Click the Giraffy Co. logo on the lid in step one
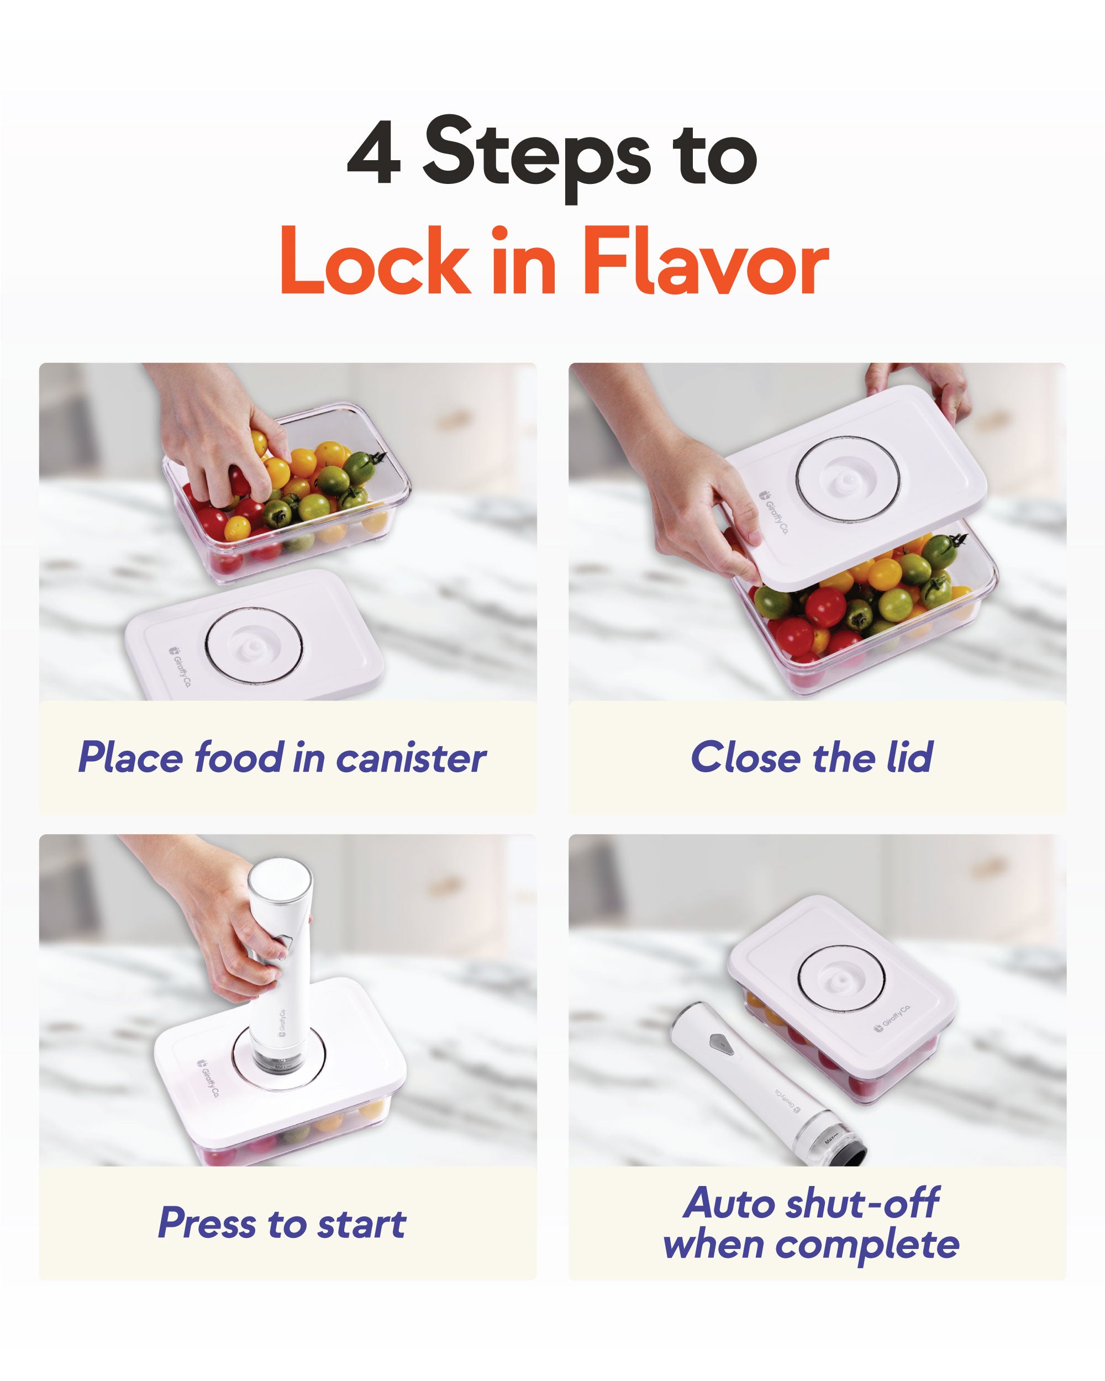pyautogui.click(x=180, y=666)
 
